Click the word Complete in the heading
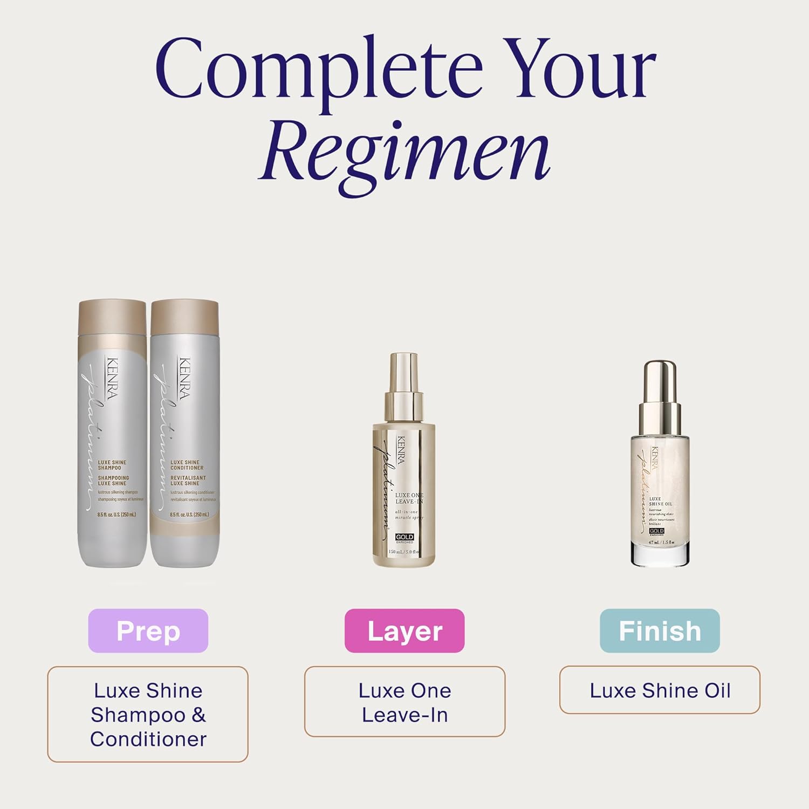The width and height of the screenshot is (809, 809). coord(318,70)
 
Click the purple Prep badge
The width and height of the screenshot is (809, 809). coord(148,631)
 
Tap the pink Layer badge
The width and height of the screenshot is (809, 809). coord(404,631)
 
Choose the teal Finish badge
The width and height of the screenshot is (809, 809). coord(660,631)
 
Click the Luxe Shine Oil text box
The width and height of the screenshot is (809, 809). coord(660,690)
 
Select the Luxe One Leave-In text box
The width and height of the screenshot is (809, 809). coord(404,702)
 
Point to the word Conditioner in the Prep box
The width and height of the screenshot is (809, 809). coord(148,739)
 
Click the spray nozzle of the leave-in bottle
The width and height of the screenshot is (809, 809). coord(403,372)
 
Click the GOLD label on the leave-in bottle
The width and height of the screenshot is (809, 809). coord(404,537)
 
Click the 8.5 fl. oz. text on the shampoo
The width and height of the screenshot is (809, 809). coord(116,515)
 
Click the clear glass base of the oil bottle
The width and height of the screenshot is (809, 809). coord(660,556)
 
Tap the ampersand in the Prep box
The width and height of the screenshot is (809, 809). coord(198,715)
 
